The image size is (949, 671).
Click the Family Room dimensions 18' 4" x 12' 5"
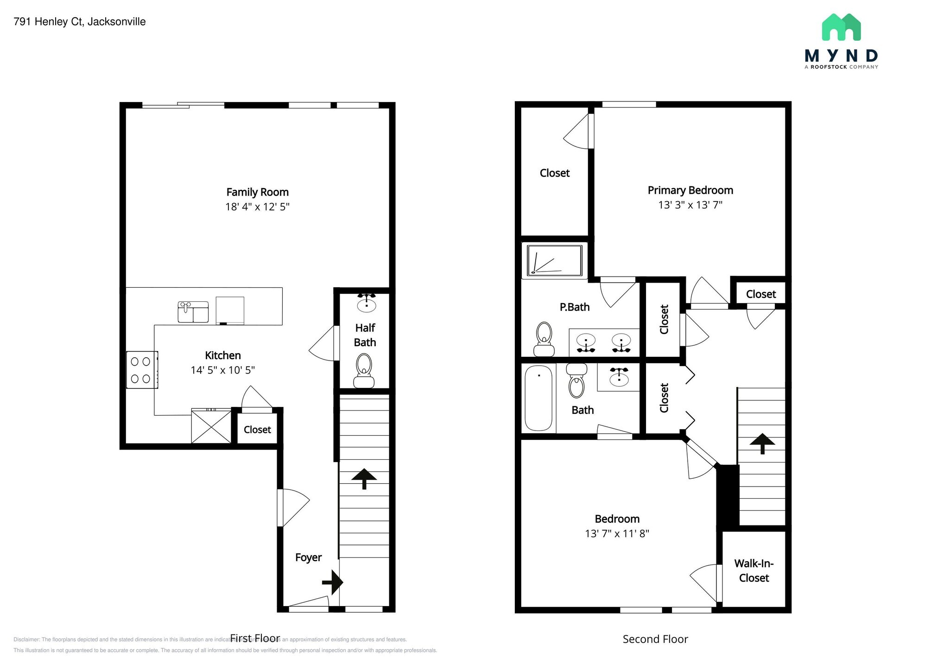pos(257,207)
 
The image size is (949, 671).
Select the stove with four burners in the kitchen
pos(141,370)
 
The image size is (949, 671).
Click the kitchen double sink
pos(193,311)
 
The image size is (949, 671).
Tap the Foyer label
pos(308,557)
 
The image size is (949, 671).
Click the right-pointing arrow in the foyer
pos(332,582)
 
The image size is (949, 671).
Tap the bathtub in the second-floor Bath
pos(538,398)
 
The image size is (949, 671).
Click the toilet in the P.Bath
pos(544,339)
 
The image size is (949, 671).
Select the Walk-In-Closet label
pos(754,570)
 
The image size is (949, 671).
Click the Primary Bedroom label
pos(690,190)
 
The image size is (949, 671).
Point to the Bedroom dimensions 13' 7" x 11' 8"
pos(617,533)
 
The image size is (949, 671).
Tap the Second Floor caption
pos(655,639)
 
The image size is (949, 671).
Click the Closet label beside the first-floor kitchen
pos(257,430)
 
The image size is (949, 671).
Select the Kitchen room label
pos(223,355)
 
